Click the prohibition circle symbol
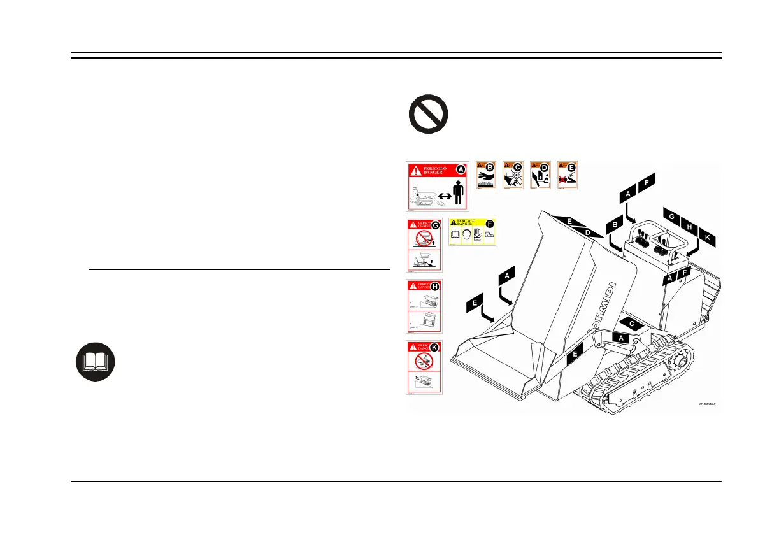(427, 117)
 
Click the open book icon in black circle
(96, 362)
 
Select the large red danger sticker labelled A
(438, 186)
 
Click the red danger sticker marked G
(425, 244)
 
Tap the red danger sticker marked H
(425, 306)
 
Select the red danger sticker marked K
(425, 367)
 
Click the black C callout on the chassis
(632, 324)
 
